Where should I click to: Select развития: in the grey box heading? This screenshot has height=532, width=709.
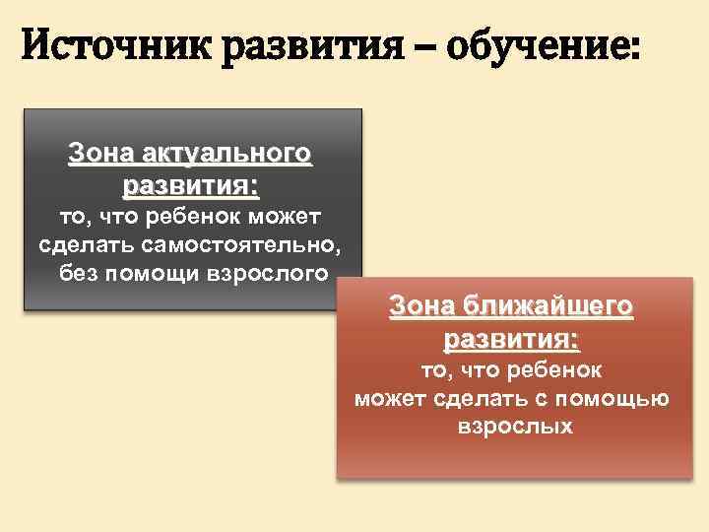(x=191, y=184)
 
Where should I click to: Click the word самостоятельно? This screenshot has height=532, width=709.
(x=240, y=243)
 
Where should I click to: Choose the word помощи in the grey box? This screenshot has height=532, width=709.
(x=148, y=272)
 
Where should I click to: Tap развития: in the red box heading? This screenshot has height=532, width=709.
(x=512, y=339)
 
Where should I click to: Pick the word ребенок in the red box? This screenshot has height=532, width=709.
(x=555, y=369)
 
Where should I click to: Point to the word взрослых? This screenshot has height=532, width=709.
(x=515, y=428)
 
